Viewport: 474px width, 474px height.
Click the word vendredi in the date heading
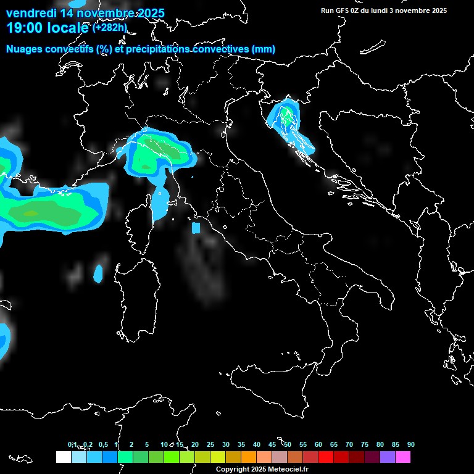coord(30,13)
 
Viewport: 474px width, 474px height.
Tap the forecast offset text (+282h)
coord(110,28)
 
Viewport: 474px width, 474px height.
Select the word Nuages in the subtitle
coord(24,49)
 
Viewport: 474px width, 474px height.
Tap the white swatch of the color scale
coord(63,457)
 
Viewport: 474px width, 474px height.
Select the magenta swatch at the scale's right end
coord(403,457)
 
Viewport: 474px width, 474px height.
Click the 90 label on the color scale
coord(411,445)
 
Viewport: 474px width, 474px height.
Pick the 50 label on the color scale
coord(288,445)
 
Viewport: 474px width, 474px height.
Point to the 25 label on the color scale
coord(210,445)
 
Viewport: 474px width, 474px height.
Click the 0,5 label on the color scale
coord(103,445)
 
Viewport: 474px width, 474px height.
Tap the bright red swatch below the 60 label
coord(326,457)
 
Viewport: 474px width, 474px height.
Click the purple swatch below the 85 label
coord(388,457)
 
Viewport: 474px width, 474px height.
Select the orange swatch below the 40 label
coord(249,457)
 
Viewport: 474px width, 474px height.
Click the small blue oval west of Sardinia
coord(98,273)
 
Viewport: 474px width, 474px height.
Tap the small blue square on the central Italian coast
coord(196,228)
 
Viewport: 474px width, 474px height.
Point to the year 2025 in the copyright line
coord(258,470)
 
